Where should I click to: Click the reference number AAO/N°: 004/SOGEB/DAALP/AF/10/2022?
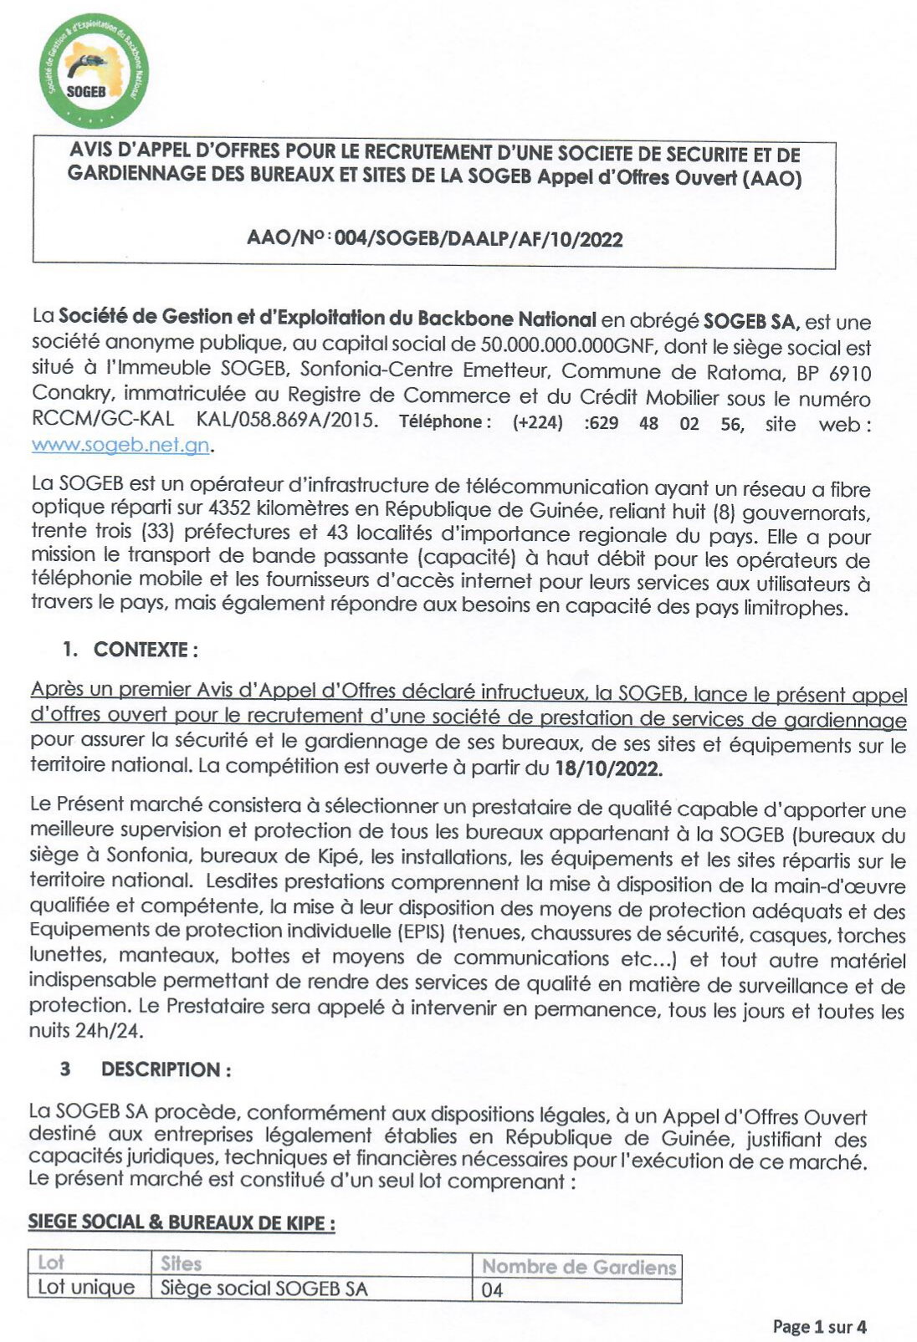click(434, 239)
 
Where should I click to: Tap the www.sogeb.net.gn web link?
click(120, 446)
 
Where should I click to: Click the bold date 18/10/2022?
click(608, 770)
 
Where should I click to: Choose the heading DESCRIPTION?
click(165, 1069)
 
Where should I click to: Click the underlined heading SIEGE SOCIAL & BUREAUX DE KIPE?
click(182, 1222)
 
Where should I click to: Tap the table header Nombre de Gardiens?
click(578, 1267)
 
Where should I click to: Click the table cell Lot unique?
click(86, 1288)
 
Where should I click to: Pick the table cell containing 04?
click(493, 1290)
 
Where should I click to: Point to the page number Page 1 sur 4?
click(819, 1326)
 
